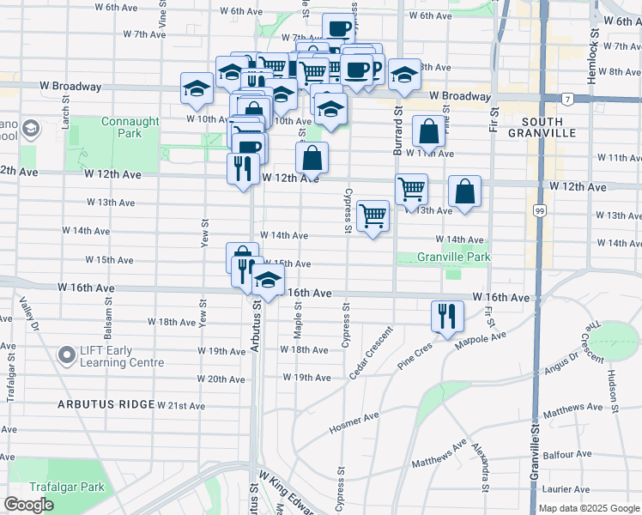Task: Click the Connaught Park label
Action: (130, 127)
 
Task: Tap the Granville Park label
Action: (453, 257)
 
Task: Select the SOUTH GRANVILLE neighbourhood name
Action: (542, 126)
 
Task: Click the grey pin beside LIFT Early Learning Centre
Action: (66, 354)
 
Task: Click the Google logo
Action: (29, 505)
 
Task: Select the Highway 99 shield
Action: (539, 210)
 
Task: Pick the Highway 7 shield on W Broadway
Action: (568, 99)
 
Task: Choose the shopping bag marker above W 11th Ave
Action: (428, 132)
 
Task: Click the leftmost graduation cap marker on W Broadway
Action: (197, 88)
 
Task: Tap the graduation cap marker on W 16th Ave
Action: (269, 282)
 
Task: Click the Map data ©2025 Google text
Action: (588, 508)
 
